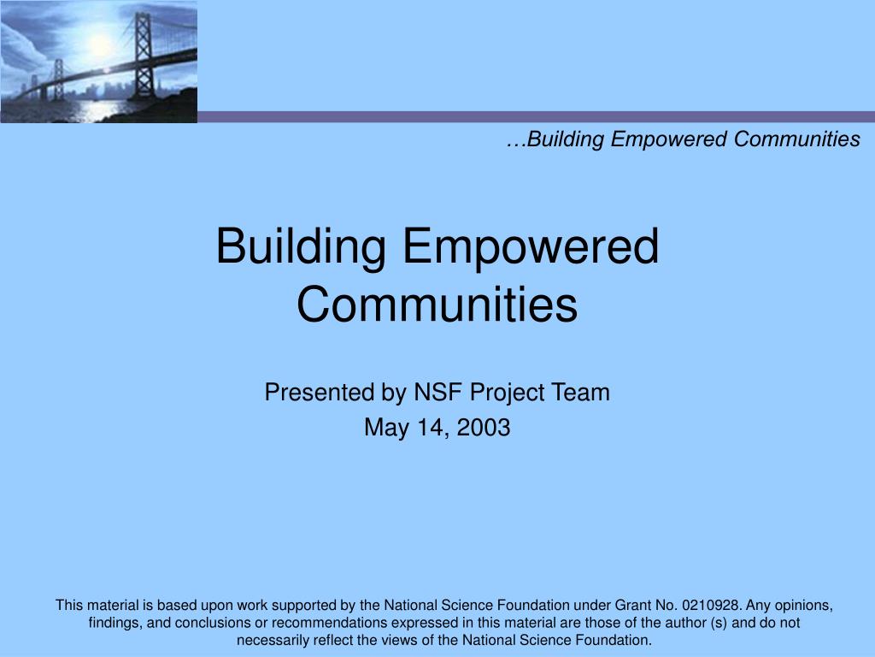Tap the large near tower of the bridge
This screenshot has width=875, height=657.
(144, 56)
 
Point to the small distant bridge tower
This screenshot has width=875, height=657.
(58, 80)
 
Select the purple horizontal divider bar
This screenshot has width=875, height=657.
(537, 116)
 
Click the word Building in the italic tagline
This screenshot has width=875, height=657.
(566, 139)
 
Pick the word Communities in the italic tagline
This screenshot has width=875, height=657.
(797, 139)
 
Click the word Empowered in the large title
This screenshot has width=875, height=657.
(530, 246)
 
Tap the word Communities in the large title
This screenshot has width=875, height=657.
(437, 304)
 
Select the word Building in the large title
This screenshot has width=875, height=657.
(300, 246)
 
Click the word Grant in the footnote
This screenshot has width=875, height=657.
(633, 605)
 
